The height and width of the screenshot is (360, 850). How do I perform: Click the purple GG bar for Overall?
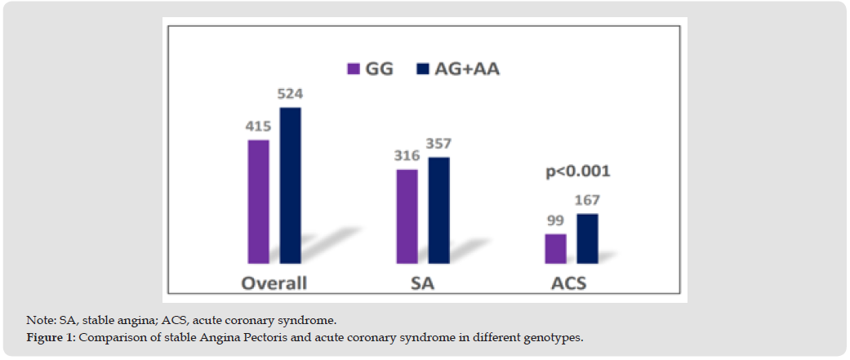[258, 202]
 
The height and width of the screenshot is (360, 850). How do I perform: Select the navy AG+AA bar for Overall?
[290, 185]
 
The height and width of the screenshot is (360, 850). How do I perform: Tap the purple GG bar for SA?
[407, 216]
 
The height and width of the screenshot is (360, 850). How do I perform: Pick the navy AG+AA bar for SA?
[438, 210]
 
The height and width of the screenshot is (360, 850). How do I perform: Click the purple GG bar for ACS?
[555, 248]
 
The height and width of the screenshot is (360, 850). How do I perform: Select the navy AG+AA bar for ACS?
[587, 238]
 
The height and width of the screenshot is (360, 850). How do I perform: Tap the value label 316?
[406, 157]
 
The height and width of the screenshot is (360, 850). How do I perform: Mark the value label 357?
[438, 144]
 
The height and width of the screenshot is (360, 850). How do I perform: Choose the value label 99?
[556, 222]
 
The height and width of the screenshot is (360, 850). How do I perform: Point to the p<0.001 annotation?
[577, 172]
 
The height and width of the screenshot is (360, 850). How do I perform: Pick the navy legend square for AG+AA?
[422, 69]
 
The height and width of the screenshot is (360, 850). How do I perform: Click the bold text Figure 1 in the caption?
[49, 338]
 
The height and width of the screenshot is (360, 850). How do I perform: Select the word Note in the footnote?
[38, 321]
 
